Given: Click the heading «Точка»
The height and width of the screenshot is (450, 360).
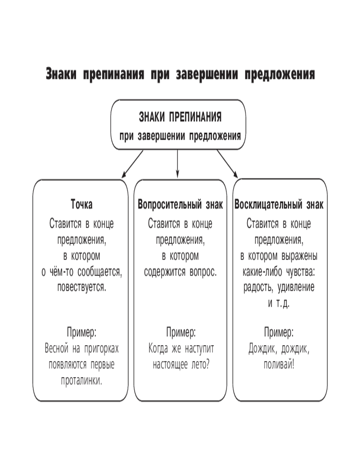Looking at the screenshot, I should pyautogui.click(x=82, y=205).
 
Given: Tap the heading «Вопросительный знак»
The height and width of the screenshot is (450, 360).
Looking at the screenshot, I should pyautogui.click(x=180, y=205).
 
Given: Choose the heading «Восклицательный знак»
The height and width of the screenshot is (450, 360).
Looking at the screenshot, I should pyautogui.click(x=279, y=205).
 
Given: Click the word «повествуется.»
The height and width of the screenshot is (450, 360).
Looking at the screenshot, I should pyautogui.click(x=82, y=287).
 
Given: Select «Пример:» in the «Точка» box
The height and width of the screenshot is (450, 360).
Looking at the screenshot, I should pyautogui.click(x=82, y=333).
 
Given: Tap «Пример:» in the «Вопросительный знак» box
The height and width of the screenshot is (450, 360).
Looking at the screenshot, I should pyautogui.click(x=180, y=333).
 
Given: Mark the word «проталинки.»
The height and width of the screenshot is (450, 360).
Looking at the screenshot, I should pyautogui.click(x=82, y=380).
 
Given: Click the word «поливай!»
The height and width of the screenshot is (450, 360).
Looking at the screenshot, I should pyautogui.click(x=279, y=364).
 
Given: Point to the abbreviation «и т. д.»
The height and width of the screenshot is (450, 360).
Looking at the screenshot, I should pyautogui.click(x=279, y=303).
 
